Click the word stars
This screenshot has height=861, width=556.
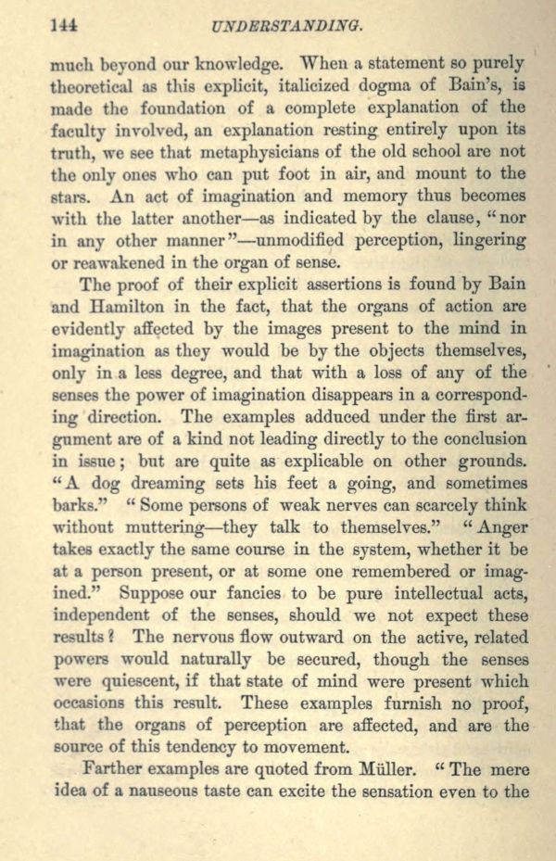tap(70, 196)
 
